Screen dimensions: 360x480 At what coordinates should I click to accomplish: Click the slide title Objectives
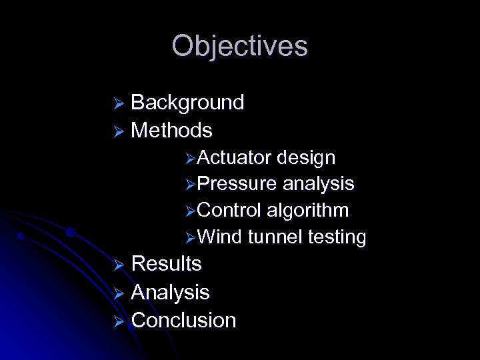coord(239,46)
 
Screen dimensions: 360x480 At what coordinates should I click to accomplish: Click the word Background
coord(187,102)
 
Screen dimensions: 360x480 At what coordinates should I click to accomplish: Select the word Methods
coord(171,130)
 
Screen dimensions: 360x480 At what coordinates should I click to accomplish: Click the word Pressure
coord(237,183)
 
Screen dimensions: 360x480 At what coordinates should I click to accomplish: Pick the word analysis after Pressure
coord(318,184)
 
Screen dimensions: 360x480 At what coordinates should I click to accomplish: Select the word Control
coord(229,210)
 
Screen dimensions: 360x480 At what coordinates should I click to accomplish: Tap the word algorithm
coord(307,211)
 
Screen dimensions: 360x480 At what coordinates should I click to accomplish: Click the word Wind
coord(219,237)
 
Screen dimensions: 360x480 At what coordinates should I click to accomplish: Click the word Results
coord(166,263)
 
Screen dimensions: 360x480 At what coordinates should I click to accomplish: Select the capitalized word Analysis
coord(170,292)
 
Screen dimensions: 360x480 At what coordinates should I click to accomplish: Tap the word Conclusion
coord(183,320)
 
